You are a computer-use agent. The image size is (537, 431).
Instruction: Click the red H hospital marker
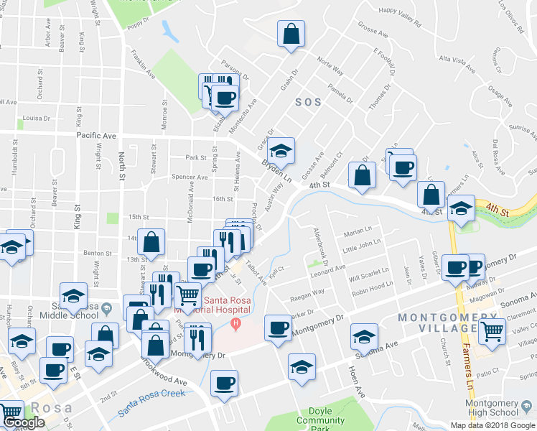click(235, 324)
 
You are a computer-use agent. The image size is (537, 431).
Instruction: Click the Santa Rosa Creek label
click(151, 392)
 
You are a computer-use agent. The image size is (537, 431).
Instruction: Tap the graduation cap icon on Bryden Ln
click(281, 149)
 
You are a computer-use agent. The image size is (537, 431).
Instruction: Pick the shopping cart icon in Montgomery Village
click(492, 330)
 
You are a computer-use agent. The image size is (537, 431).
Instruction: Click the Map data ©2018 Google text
click(493, 425)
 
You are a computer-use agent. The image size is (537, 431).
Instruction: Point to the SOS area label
click(307, 102)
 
